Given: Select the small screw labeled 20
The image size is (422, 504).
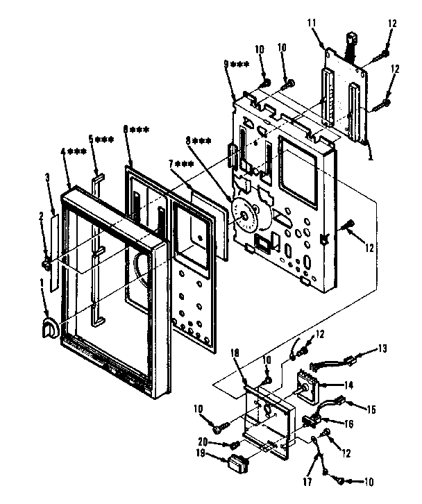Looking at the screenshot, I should point(237,442).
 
